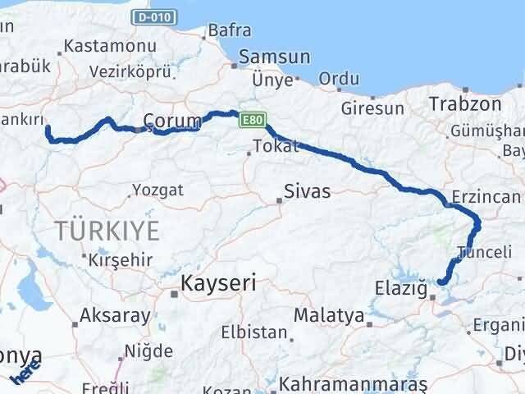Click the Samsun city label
(x=274, y=57)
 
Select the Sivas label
(x=307, y=192)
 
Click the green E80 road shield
(x=252, y=121)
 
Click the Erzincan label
(x=486, y=197)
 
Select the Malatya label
(x=328, y=314)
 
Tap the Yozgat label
(x=159, y=190)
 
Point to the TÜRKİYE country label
(x=107, y=231)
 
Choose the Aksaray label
(x=116, y=314)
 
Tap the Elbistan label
(x=254, y=334)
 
